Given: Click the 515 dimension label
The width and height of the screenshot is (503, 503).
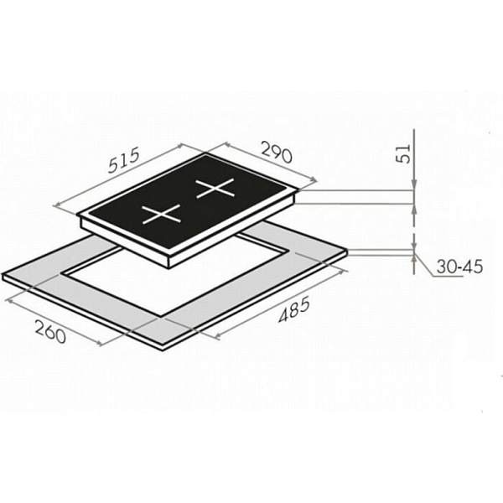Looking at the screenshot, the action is coord(124,160).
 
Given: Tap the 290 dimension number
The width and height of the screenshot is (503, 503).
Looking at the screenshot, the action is coord(277,152).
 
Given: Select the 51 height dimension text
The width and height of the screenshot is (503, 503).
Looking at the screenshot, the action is coord(403,154).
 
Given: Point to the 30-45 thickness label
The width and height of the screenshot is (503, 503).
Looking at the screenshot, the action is coord(459,267).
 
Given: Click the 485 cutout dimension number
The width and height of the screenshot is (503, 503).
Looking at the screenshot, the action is coord(294,309).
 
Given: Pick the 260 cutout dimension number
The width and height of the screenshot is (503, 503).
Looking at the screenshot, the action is coord(50,332).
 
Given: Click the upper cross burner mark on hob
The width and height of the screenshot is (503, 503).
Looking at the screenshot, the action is coord(215,188).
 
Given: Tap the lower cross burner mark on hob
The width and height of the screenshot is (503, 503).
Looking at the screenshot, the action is coord(161,214).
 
